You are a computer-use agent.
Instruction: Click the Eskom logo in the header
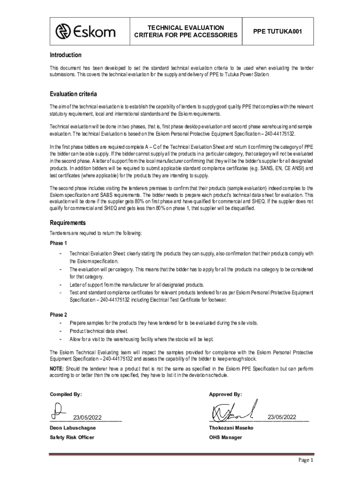[x=86, y=31]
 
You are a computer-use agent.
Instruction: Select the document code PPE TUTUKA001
[x=277, y=31]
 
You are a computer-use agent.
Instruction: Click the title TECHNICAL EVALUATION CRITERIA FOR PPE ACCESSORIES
[x=186, y=31]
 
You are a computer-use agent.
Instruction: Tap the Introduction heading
[x=65, y=55]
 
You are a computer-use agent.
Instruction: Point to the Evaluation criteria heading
[x=73, y=94]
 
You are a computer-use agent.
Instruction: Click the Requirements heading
[x=68, y=223]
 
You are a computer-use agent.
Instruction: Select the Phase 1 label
[x=58, y=243]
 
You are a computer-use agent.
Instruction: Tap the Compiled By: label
[x=66, y=394]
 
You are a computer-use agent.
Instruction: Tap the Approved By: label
[x=226, y=394]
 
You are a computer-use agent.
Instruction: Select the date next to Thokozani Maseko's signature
[x=282, y=417]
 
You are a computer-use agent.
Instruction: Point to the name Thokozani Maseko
[x=231, y=428]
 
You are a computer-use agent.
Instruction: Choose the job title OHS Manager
[x=226, y=437]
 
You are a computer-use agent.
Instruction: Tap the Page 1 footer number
[x=306, y=460]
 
